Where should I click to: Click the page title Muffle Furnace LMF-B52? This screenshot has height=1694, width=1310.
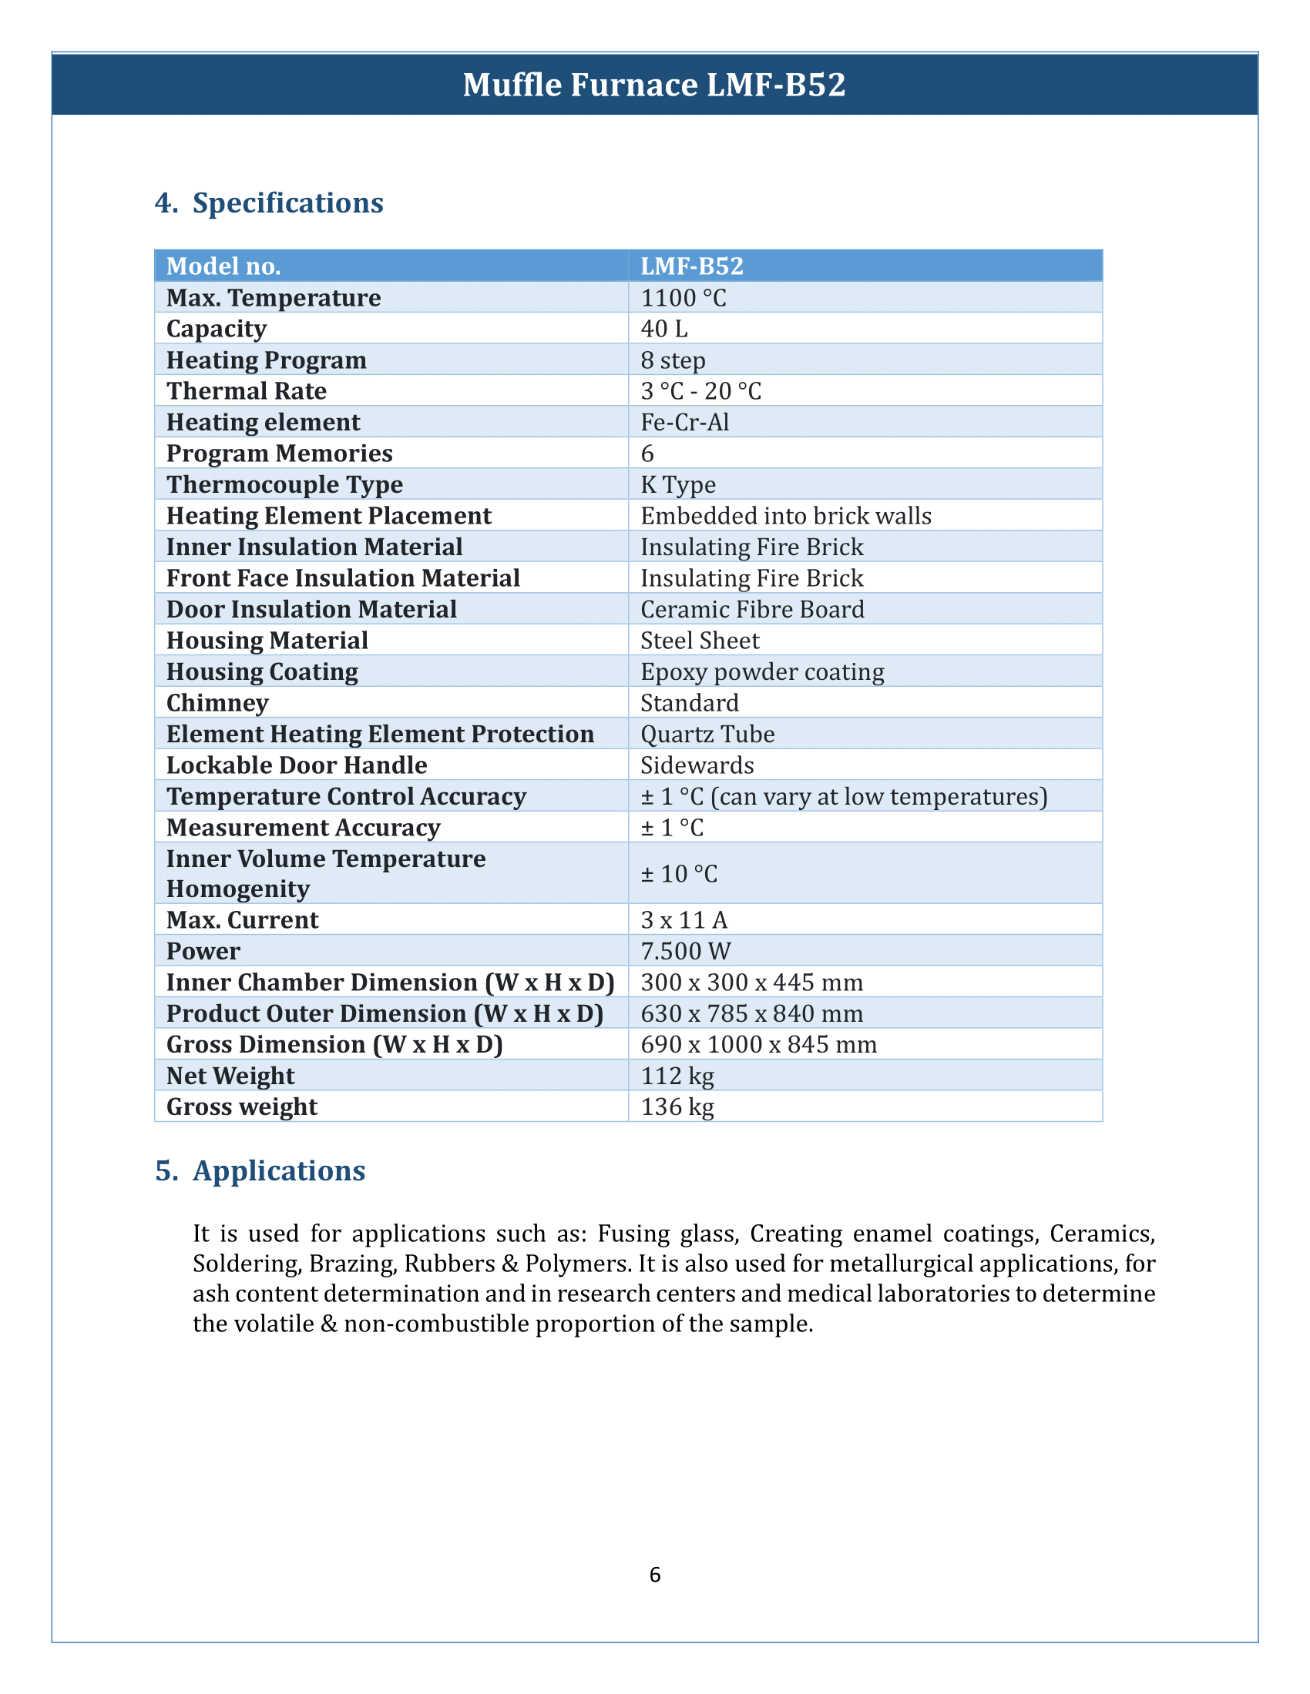click(654, 85)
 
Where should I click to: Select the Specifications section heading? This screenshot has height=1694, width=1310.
click(287, 203)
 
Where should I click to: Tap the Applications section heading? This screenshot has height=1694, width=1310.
click(279, 1170)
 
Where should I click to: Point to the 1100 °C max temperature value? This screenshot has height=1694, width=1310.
click(683, 298)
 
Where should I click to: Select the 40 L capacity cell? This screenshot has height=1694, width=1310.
click(663, 329)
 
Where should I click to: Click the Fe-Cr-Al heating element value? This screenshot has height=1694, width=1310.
click(684, 422)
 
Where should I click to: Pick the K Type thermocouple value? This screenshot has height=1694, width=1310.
click(677, 485)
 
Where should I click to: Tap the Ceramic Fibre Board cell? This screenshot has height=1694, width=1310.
click(751, 610)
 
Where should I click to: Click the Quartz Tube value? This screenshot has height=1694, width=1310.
click(707, 734)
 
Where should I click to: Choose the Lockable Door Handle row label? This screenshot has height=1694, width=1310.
click(297, 765)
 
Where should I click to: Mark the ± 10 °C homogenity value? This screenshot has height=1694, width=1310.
click(679, 874)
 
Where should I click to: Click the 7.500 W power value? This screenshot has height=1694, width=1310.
click(685, 951)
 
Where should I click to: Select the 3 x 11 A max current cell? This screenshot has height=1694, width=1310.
click(684, 920)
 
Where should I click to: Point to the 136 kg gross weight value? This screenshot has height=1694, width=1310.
click(677, 1106)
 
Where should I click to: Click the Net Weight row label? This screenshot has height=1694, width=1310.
click(230, 1076)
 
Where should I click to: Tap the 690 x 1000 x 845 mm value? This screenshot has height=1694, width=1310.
click(758, 1045)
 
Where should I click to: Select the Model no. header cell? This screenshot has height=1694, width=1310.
click(223, 266)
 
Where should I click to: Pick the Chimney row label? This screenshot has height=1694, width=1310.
click(217, 703)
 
